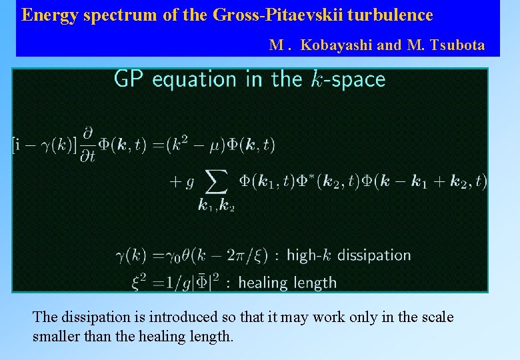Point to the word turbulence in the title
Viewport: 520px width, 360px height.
click(x=391, y=15)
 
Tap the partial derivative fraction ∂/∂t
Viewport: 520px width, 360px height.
click(x=88, y=144)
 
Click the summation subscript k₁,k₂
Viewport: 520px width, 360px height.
click(x=217, y=206)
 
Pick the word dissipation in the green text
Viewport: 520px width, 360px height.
click(x=379, y=255)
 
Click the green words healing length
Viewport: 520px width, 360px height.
click(x=287, y=283)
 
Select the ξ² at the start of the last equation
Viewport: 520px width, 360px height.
click(x=139, y=282)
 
